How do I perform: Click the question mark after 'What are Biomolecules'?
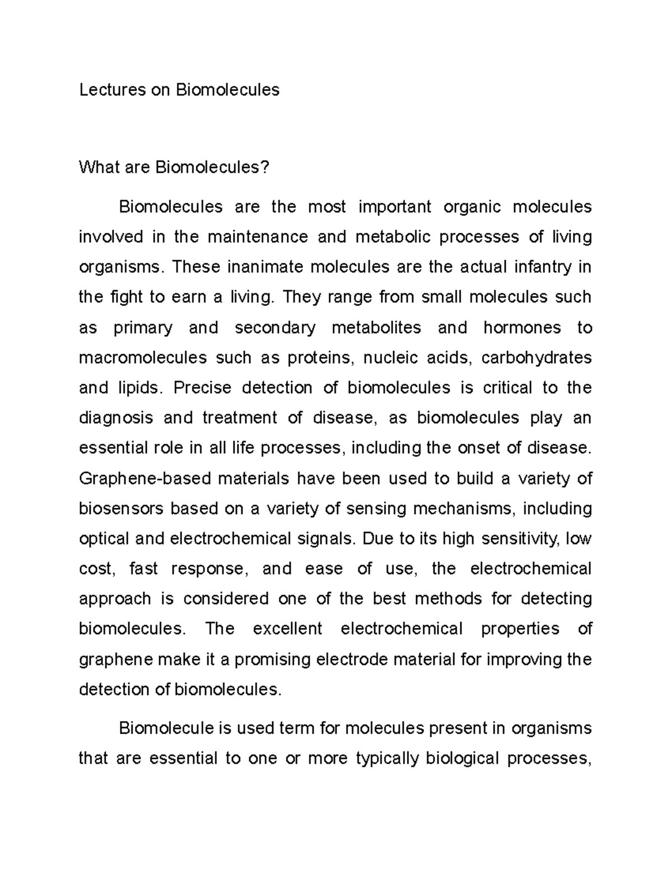click(265, 167)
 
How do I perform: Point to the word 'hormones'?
click(522, 327)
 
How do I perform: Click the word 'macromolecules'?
click(143, 358)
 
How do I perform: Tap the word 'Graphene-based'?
click(145, 478)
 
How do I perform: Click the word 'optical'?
click(104, 539)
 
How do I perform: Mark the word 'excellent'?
click(287, 629)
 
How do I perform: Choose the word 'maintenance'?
click(258, 237)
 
